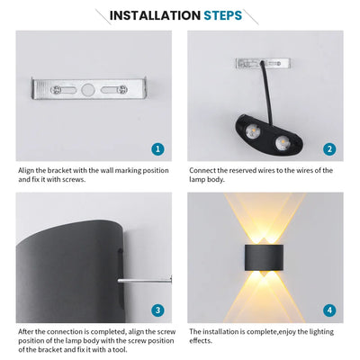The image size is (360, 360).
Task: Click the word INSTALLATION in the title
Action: pos(154,15)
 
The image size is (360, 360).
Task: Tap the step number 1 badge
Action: pos(158,149)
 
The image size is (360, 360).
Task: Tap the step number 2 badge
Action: pos(329,149)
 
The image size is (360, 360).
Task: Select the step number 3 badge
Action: pos(158,310)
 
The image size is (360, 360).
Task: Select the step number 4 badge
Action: pos(329,310)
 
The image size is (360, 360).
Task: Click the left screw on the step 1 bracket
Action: pos(57,91)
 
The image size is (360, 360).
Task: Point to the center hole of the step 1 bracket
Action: pos(88,91)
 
